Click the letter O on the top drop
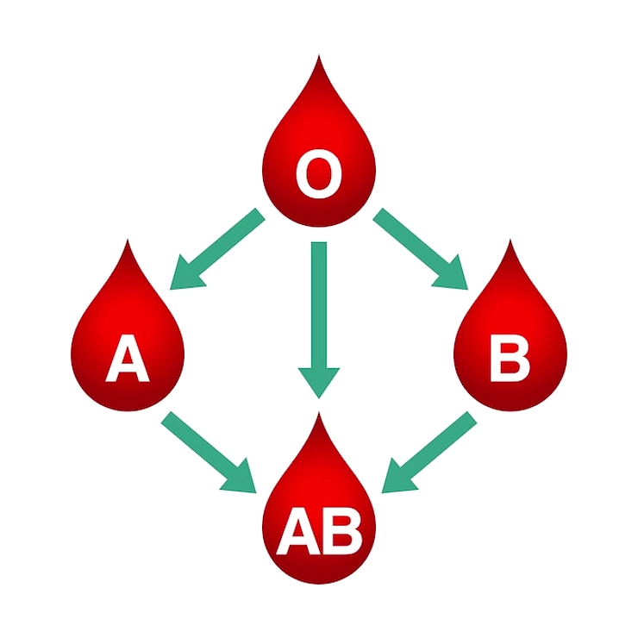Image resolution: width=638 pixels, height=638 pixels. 319,174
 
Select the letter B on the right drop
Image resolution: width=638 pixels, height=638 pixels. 510,358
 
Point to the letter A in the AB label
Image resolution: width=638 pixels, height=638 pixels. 299,530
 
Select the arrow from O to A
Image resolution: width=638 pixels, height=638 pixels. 217,249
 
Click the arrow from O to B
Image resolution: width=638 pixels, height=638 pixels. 421,249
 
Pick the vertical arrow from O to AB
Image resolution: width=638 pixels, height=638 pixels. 319,320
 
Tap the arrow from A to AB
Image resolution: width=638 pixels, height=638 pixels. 209,453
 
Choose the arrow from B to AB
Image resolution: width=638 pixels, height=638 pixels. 428,453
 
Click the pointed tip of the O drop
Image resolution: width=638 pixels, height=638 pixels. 319,55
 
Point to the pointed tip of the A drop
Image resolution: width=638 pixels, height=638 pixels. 128,240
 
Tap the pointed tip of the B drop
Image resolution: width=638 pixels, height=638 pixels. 510,240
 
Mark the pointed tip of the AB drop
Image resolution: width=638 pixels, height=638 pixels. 319,413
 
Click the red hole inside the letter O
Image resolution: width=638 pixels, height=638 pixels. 319,174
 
